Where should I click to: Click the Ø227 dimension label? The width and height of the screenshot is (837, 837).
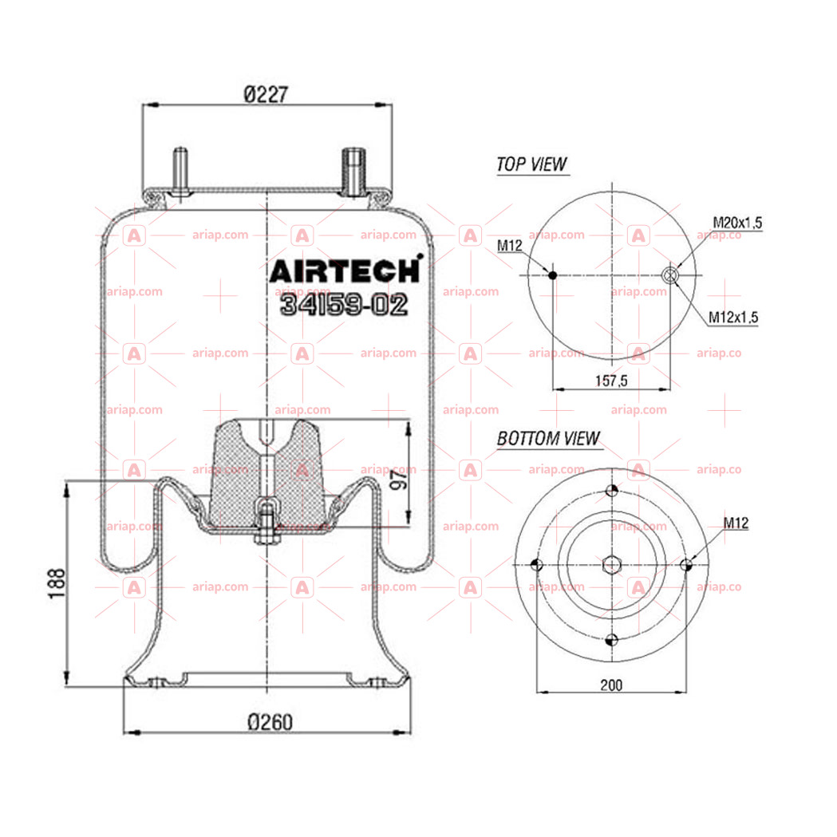266,94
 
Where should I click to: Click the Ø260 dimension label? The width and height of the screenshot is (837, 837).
270,722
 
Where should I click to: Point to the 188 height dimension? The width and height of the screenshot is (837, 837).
57,583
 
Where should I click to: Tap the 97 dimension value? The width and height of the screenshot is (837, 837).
398,476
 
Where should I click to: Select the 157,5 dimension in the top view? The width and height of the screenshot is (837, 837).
611,381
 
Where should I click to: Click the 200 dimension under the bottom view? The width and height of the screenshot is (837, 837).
611,685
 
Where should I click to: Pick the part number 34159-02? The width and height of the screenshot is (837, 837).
344,304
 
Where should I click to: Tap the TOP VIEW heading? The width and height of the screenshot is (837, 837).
531,164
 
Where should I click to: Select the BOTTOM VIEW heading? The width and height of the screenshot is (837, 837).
549,438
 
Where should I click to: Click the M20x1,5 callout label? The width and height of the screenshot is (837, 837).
737,223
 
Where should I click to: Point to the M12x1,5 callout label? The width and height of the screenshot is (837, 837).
733,317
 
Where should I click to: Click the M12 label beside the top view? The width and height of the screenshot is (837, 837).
509,246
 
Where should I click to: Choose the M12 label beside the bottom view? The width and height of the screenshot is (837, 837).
736,523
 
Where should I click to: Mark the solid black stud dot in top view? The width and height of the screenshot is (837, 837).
552,275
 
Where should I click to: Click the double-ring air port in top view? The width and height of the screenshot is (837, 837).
669,275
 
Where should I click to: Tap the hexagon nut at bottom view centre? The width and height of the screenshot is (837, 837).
612,564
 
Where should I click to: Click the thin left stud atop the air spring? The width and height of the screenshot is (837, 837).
180,172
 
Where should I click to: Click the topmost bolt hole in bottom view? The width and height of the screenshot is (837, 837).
612,490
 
